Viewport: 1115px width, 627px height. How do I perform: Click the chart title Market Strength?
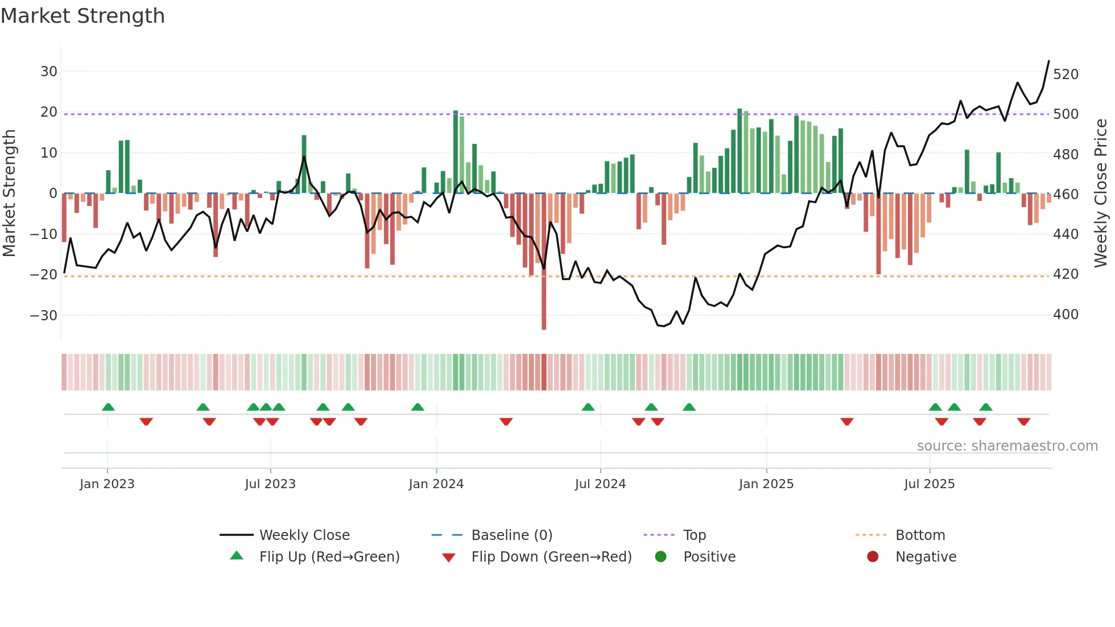click(82, 16)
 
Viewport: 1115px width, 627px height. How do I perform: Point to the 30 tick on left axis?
click(49, 72)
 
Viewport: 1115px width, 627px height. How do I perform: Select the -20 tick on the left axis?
click(44, 275)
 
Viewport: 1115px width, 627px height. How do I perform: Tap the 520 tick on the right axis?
click(1066, 75)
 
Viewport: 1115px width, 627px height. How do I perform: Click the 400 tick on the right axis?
click(1066, 315)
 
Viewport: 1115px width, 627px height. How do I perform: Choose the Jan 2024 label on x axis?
click(436, 484)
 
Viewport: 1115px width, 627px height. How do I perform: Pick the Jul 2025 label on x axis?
click(929, 484)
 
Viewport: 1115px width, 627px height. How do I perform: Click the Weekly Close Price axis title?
click(1101, 193)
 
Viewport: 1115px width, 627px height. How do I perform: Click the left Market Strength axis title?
click(9, 193)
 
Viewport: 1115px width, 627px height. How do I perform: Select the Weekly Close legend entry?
click(304, 535)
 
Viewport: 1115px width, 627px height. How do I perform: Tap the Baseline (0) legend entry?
click(511, 535)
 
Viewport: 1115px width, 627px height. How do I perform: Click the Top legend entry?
click(694, 535)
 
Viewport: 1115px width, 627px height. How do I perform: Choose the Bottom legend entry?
click(920, 535)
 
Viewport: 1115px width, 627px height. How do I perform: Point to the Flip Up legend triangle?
click(237, 556)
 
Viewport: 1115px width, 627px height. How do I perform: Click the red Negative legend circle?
click(873, 556)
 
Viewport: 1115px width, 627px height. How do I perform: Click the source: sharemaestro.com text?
click(1007, 446)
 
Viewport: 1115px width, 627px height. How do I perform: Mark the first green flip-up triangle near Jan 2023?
click(108, 407)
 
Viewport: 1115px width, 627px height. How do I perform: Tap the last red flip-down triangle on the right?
click(1024, 422)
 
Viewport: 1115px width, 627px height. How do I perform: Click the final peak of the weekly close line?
click(1049, 61)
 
